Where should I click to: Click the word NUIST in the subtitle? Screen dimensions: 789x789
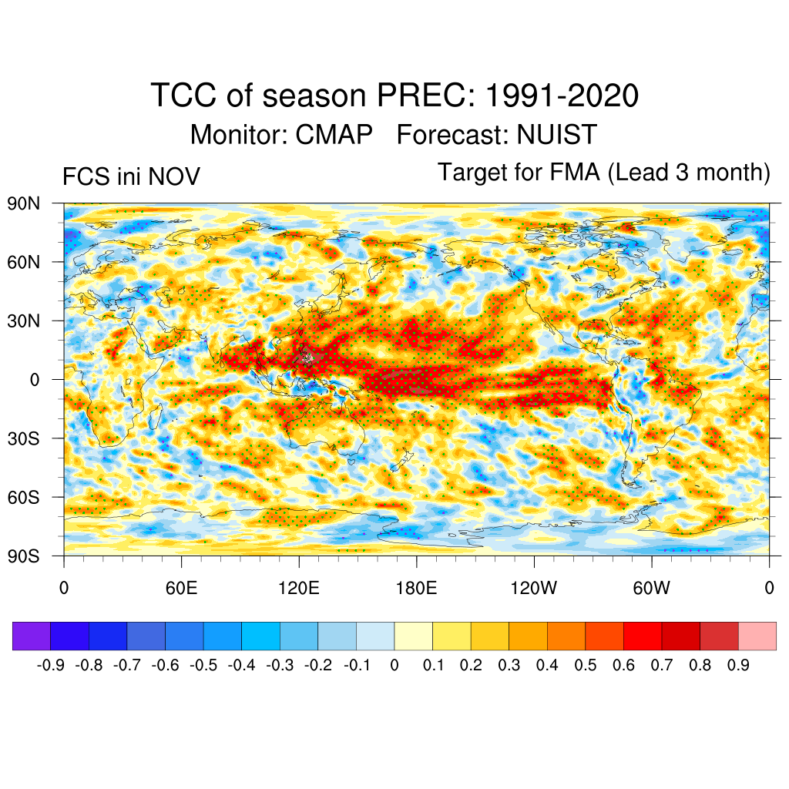point(556,135)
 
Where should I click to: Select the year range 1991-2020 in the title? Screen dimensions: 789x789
point(562,96)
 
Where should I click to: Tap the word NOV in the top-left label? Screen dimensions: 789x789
point(174,177)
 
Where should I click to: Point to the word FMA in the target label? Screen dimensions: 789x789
point(575,173)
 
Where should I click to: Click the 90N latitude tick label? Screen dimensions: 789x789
point(23,204)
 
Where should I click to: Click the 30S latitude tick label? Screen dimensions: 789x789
point(23,438)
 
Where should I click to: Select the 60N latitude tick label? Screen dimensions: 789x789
point(23,263)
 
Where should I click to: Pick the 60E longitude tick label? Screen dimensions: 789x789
point(181,589)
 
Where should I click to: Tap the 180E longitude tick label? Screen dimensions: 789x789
point(416,589)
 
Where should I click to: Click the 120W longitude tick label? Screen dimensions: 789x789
point(534,589)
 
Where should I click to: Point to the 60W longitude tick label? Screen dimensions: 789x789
point(651,589)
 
